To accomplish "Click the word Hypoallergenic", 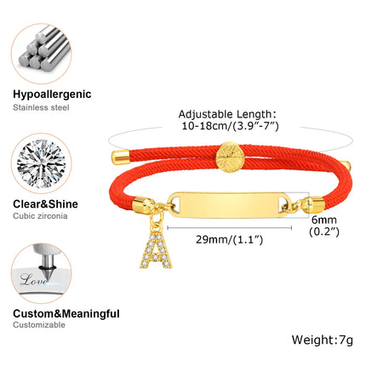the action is [x=52, y=94].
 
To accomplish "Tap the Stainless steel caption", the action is [x=41, y=107].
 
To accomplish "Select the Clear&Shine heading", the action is [x=45, y=204].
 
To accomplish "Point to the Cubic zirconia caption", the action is [x=40, y=216].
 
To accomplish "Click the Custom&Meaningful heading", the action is [x=66, y=314].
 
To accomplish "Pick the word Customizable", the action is [x=39, y=325].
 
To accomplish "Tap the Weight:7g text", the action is [x=323, y=340].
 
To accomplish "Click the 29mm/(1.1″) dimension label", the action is [x=229, y=239].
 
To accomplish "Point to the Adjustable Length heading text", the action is [x=227, y=114].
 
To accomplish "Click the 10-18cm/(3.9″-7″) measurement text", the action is [x=230, y=126].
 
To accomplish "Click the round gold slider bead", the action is [x=230, y=157].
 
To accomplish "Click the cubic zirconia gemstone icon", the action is [x=42, y=163].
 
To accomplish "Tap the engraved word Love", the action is [x=33, y=280].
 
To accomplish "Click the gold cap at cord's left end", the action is [x=120, y=157].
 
